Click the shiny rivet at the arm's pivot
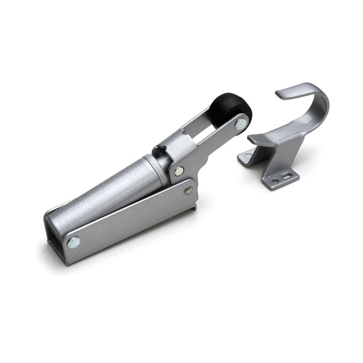coord(178,171)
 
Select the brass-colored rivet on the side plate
coord(188,190)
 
